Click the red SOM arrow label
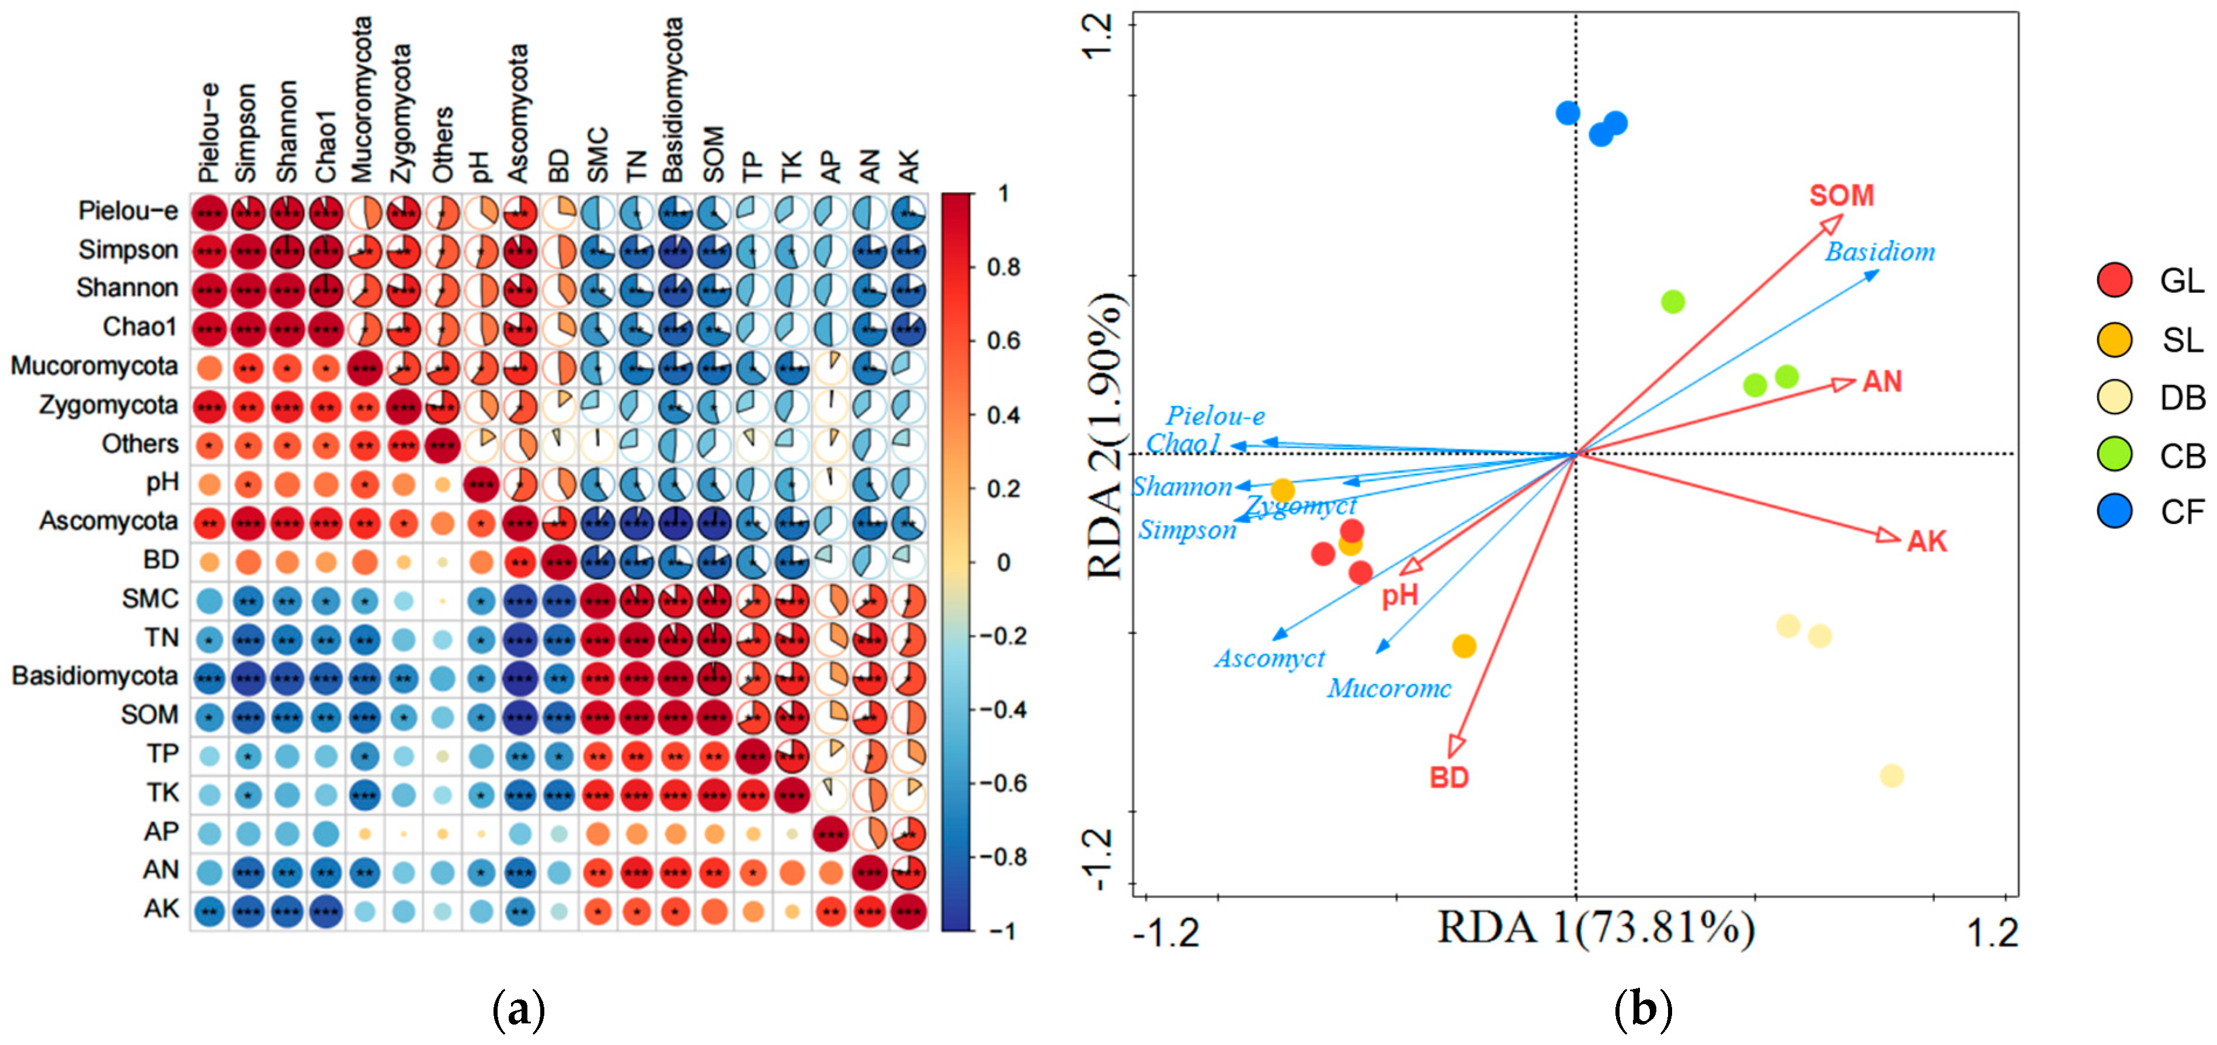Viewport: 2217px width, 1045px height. click(1841, 196)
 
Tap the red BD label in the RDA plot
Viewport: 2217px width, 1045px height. click(1450, 778)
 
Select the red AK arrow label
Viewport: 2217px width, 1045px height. click(1926, 541)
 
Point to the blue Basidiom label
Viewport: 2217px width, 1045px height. click(1881, 252)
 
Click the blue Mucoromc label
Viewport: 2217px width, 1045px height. click(1389, 689)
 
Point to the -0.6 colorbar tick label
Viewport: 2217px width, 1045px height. click(1002, 783)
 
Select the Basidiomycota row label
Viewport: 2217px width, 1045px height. click(95, 676)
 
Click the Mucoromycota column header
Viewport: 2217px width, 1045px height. click(362, 99)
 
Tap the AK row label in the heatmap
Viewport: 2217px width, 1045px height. click(161, 909)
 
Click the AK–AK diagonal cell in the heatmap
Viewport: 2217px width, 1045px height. click(909, 911)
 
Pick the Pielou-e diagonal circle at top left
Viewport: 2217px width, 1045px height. click(209, 213)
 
